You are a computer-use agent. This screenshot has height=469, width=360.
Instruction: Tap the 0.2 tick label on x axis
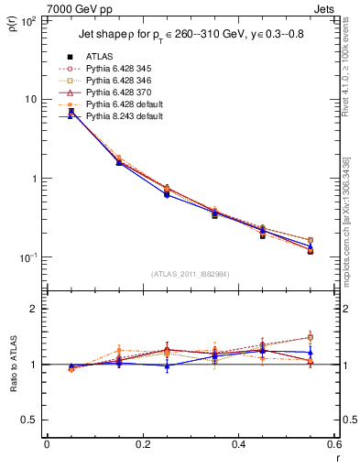[142, 445]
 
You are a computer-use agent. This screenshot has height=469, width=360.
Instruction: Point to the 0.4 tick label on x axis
[238, 445]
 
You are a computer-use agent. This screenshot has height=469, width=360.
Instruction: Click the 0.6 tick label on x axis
[333, 445]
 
